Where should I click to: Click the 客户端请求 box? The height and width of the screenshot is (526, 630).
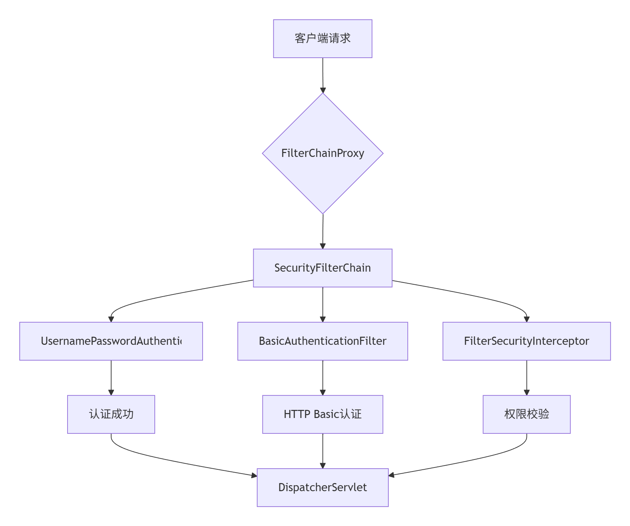pos(323,39)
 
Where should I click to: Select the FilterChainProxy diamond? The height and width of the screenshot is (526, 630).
pos(323,153)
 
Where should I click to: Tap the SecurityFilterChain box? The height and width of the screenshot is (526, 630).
pos(323,268)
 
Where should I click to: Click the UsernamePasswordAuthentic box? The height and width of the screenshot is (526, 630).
pos(111,341)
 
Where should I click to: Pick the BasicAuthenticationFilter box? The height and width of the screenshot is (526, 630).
pos(323,341)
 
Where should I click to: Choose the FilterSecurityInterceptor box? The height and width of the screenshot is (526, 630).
pos(527,341)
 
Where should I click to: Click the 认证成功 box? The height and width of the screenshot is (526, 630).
pos(111,414)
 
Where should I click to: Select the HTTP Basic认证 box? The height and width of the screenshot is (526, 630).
pos(323,414)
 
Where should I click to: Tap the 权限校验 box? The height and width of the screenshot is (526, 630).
pos(527,414)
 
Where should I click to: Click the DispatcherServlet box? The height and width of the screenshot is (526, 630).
pos(323,488)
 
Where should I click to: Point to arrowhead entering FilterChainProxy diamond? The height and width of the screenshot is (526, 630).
pos(323,90)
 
